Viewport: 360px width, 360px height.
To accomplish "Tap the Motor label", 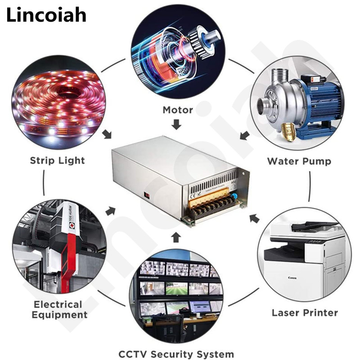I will [178, 110].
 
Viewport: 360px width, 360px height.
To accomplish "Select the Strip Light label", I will [57, 160].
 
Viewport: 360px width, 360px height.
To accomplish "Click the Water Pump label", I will [299, 161].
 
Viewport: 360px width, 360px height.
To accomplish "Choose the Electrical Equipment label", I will [60, 310].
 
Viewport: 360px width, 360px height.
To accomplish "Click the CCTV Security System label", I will [176, 354].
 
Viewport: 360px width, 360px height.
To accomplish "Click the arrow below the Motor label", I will [177, 124].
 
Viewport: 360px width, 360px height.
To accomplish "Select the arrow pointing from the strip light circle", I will [108, 134].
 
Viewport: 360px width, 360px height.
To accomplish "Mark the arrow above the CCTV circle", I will [176, 237].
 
